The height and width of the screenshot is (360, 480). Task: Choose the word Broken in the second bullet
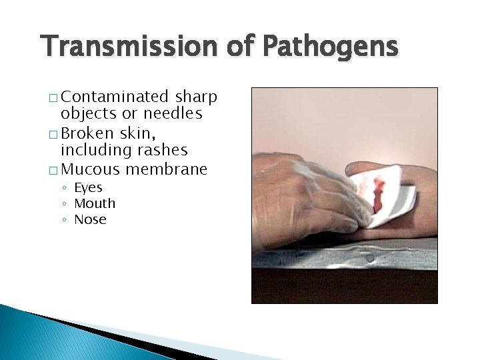click(87, 133)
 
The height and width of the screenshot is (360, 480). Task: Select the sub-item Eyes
click(88, 187)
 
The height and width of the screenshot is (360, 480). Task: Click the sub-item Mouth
click(95, 203)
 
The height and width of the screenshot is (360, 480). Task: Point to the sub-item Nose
click(90, 219)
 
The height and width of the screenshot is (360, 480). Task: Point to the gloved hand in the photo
click(300, 193)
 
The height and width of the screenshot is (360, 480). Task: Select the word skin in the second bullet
click(136, 133)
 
